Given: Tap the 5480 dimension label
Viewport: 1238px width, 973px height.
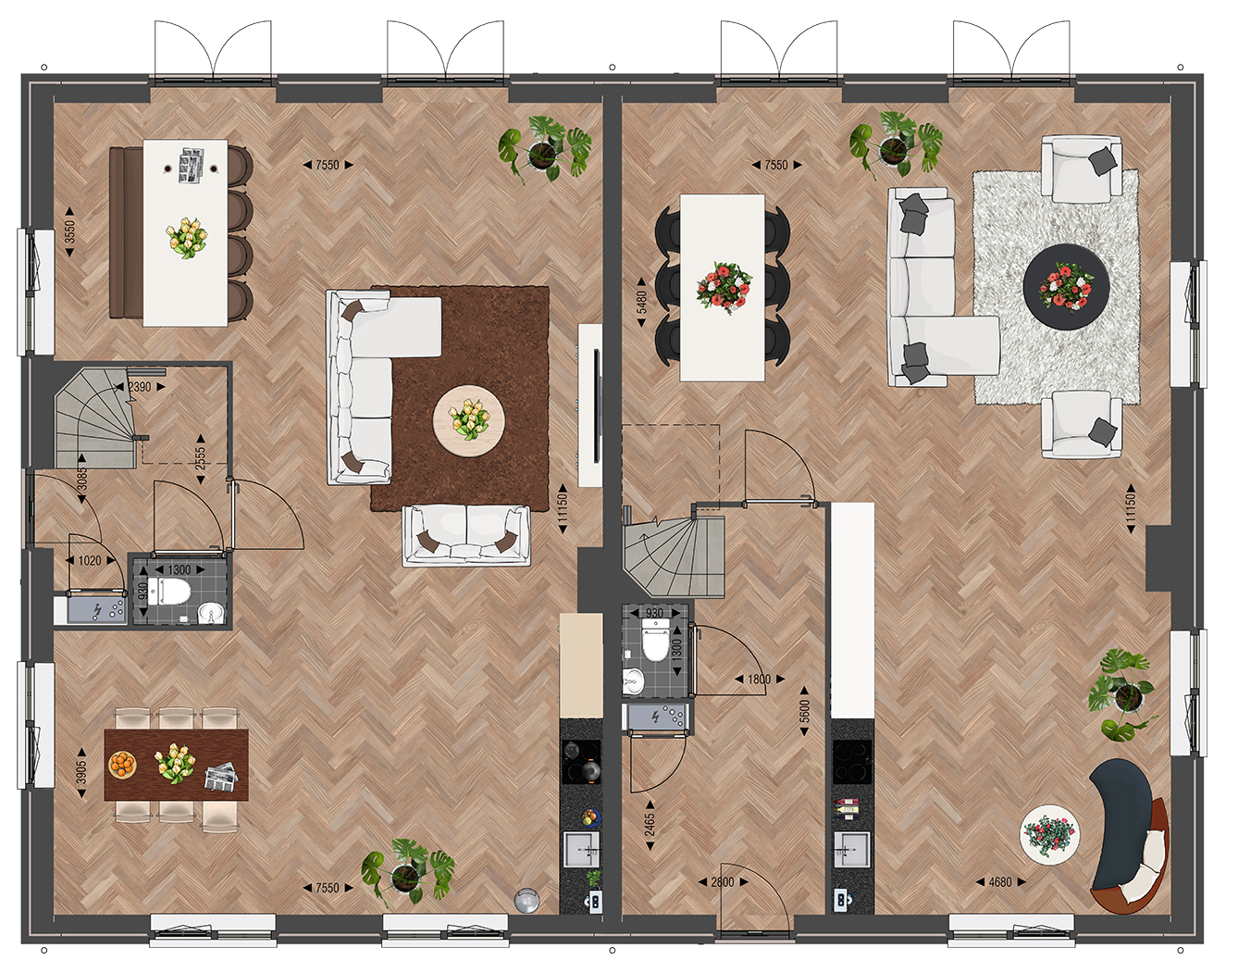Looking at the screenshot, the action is coord(641,303).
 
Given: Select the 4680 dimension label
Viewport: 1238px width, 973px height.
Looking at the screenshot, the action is coord(1000,882).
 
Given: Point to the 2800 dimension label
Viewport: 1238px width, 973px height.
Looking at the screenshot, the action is coord(723,882).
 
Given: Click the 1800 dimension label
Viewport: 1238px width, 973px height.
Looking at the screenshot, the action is coord(759,680).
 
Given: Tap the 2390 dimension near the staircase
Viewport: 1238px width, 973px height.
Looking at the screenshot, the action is coord(140,387).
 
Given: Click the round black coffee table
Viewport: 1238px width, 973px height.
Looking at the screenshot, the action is coord(1066,286).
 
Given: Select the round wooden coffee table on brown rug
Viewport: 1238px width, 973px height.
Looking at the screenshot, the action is coord(468,420).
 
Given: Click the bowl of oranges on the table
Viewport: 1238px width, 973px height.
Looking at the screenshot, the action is coord(122,765).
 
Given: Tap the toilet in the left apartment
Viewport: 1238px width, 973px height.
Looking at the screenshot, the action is coord(168,591).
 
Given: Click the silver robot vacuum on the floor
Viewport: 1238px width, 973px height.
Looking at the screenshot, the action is coord(525,901).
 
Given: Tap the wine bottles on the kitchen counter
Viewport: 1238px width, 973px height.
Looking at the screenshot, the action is coord(845,809).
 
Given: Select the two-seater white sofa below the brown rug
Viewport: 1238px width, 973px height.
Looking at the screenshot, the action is coord(466,536).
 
